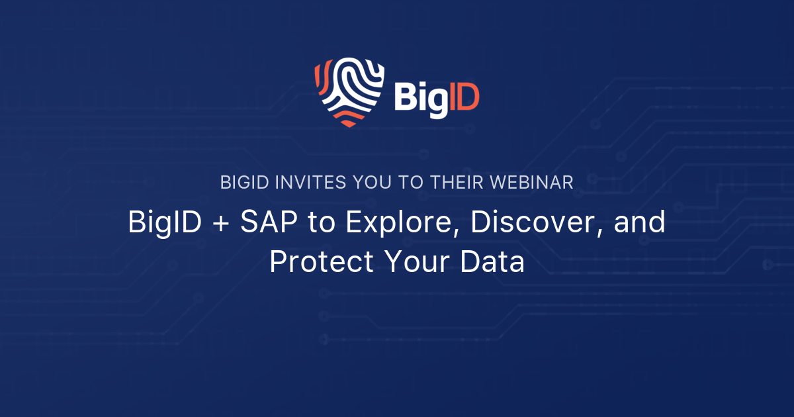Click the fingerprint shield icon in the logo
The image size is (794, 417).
349,91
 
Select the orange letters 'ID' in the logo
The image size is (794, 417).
464,98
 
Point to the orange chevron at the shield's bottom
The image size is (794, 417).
349,118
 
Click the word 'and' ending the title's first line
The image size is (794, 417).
640,223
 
